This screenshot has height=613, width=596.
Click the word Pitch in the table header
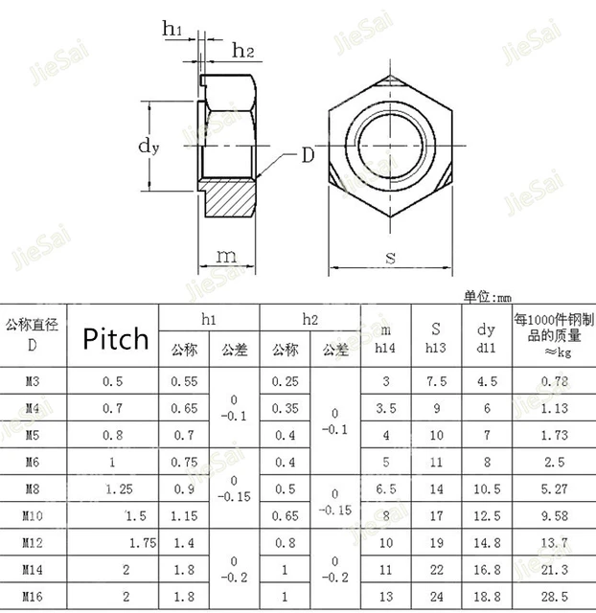tap(115, 338)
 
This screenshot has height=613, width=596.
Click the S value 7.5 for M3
tap(437, 382)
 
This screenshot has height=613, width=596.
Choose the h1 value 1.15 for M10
tap(184, 516)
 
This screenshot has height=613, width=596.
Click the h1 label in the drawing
tap(172, 32)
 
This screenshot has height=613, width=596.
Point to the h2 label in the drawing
tap(242, 52)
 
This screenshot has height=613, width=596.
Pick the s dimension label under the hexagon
tap(390, 256)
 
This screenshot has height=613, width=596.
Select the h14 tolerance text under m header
tap(385, 349)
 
